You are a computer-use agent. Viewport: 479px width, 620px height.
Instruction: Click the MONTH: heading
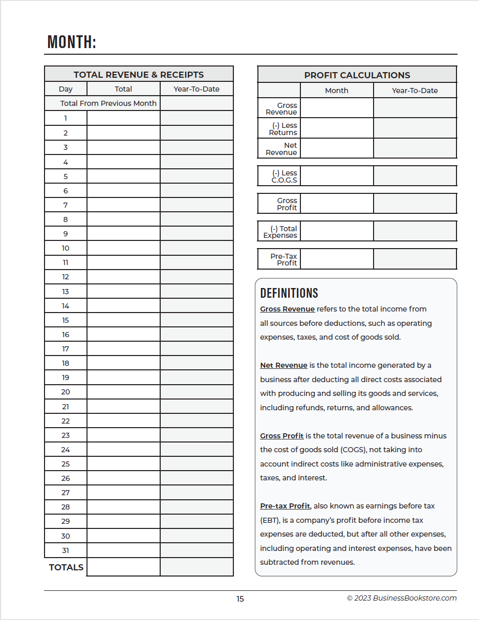(72, 42)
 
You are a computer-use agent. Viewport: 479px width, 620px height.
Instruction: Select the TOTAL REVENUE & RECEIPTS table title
(139, 75)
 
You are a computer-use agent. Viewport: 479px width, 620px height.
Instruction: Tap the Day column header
(66, 89)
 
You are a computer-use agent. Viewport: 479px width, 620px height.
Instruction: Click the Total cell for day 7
(123, 205)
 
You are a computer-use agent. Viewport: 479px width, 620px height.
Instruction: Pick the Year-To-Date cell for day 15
(197, 320)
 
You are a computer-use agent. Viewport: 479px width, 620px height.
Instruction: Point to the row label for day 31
(66, 550)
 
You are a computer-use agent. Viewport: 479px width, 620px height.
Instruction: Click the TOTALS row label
(66, 567)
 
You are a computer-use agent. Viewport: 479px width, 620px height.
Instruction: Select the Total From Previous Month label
(108, 103)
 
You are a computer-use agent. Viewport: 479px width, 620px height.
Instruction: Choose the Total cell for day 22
(123, 421)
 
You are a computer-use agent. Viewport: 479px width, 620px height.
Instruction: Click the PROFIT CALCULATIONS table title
(357, 75)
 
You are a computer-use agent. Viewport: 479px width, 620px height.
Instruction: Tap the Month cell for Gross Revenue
(337, 108)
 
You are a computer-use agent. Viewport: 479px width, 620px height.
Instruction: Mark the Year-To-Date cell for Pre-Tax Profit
(415, 259)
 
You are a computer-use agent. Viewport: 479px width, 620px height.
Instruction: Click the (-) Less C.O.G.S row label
(284, 176)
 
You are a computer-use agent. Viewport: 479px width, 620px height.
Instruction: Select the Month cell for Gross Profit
(337, 204)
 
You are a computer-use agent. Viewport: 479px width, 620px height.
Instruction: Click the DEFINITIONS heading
(289, 293)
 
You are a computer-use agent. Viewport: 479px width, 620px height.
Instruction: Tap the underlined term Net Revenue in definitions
(284, 365)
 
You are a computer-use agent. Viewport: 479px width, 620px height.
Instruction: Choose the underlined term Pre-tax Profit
(285, 506)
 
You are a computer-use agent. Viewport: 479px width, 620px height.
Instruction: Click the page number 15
(240, 599)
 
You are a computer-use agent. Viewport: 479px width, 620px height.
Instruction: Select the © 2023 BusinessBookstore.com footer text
(402, 598)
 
